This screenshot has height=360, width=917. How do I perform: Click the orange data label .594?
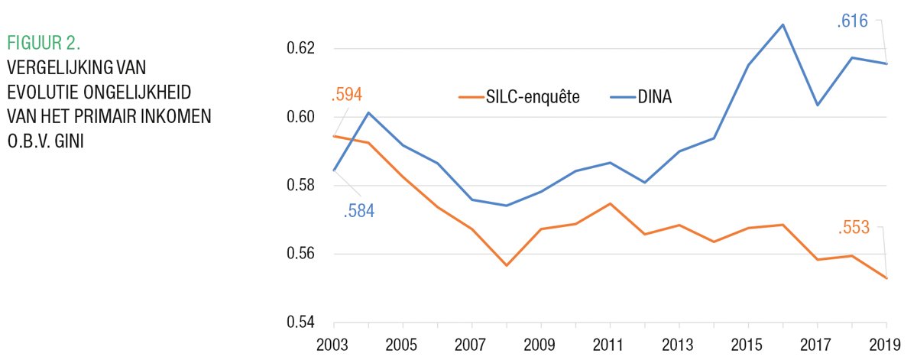(x=346, y=96)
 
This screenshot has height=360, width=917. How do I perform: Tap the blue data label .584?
(x=358, y=211)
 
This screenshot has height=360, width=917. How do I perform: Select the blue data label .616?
(x=852, y=21)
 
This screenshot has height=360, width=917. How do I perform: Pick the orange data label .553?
(x=853, y=228)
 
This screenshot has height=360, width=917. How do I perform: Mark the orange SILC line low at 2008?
(x=506, y=265)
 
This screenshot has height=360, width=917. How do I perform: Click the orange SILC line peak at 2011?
(x=609, y=203)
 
